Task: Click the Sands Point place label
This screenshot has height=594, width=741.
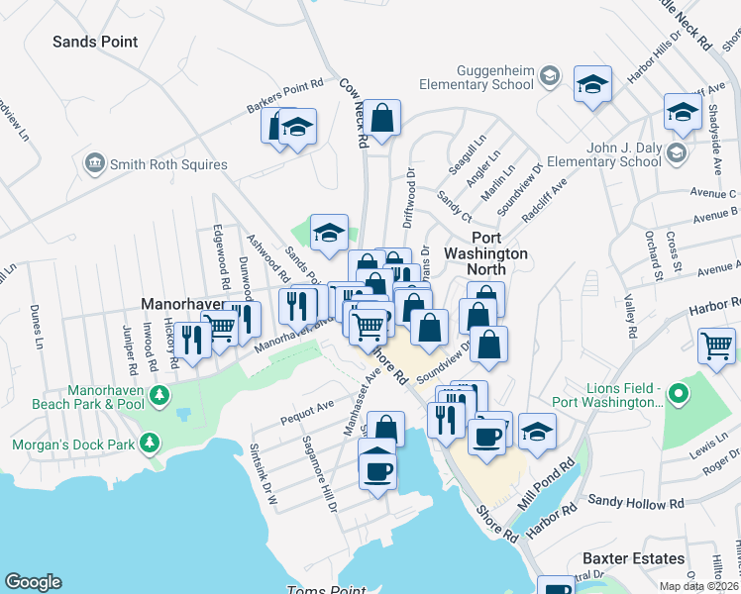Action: pos(95,42)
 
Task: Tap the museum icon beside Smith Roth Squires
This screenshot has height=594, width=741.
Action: pos(95,161)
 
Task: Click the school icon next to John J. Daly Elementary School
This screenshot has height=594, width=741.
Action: pos(676,152)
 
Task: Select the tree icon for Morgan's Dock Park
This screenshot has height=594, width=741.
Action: pos(150,441)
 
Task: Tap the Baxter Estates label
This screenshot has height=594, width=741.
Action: pos(633,558)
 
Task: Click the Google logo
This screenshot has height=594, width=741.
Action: pos(33,582)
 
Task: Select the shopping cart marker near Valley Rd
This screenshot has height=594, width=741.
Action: pos(716,346)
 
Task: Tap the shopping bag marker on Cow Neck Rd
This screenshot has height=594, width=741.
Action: pos(381,118)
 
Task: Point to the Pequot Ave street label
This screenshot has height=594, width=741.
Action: pos(306,407)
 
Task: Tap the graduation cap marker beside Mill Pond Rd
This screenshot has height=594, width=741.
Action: pos(537,432)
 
